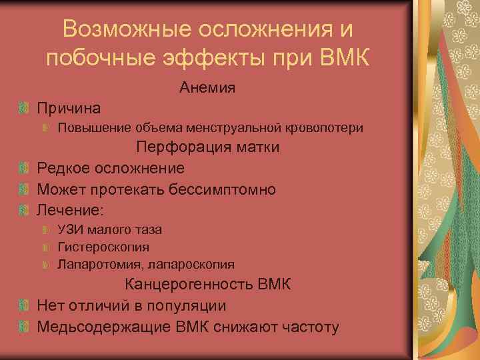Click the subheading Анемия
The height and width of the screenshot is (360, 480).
click(207, 87)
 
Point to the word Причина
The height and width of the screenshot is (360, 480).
click(69, 107)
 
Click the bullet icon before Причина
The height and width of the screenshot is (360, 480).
click(24, 107)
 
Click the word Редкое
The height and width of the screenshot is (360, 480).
click(65, 168)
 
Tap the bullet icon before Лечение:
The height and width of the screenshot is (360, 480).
click(24, 210)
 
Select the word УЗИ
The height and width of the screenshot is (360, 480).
click(70, 230)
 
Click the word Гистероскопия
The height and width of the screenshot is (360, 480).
click(103, 247)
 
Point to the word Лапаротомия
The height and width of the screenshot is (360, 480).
click(100, 265)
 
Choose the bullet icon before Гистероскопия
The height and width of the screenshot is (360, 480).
click(45, 247)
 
